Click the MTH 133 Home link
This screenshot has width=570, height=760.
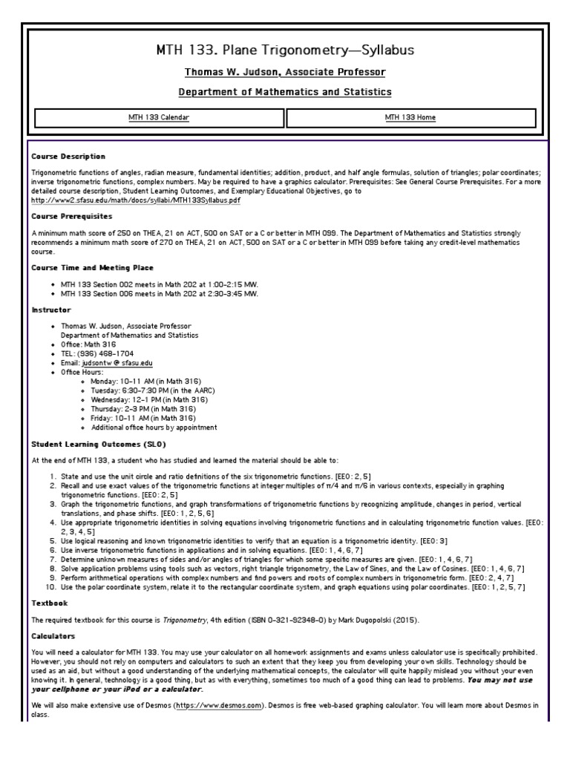[410, 117]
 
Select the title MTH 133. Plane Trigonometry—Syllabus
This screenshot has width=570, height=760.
[285, 50]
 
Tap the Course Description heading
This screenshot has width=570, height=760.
[68, 157]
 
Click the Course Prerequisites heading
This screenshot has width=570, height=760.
[72, 217]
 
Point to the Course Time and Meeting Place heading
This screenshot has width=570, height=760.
[93, 267]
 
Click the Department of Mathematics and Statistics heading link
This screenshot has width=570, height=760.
[285, 91]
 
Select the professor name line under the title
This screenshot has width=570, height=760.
[285, 72]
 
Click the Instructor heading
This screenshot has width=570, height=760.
[51, 309]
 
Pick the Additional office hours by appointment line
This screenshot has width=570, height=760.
[154, 427]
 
